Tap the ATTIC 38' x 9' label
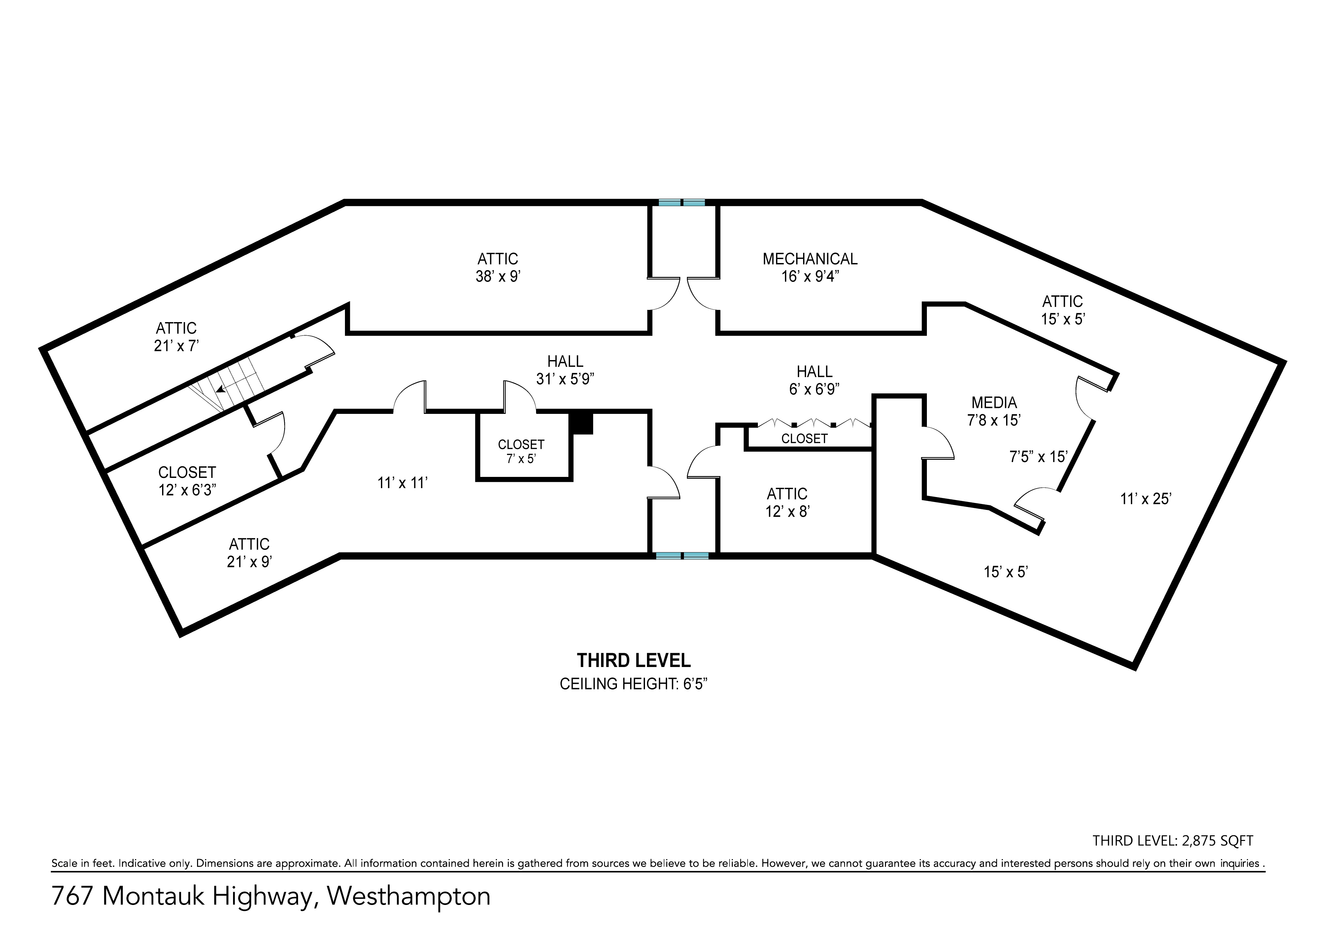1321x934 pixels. [x=498, y=267]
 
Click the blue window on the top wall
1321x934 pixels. [x=682, y=202]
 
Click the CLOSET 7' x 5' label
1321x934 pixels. [x=521, y=451]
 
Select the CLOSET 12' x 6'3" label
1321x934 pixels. [x=187, y=481]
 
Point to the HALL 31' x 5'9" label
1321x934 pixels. [x=565, y=370]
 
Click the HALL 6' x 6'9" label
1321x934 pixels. [x=815, y=380]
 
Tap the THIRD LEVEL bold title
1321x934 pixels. [x=633, y=660]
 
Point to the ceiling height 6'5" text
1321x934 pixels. [x=633, y=684]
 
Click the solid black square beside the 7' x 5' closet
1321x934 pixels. [x=581, y=424]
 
